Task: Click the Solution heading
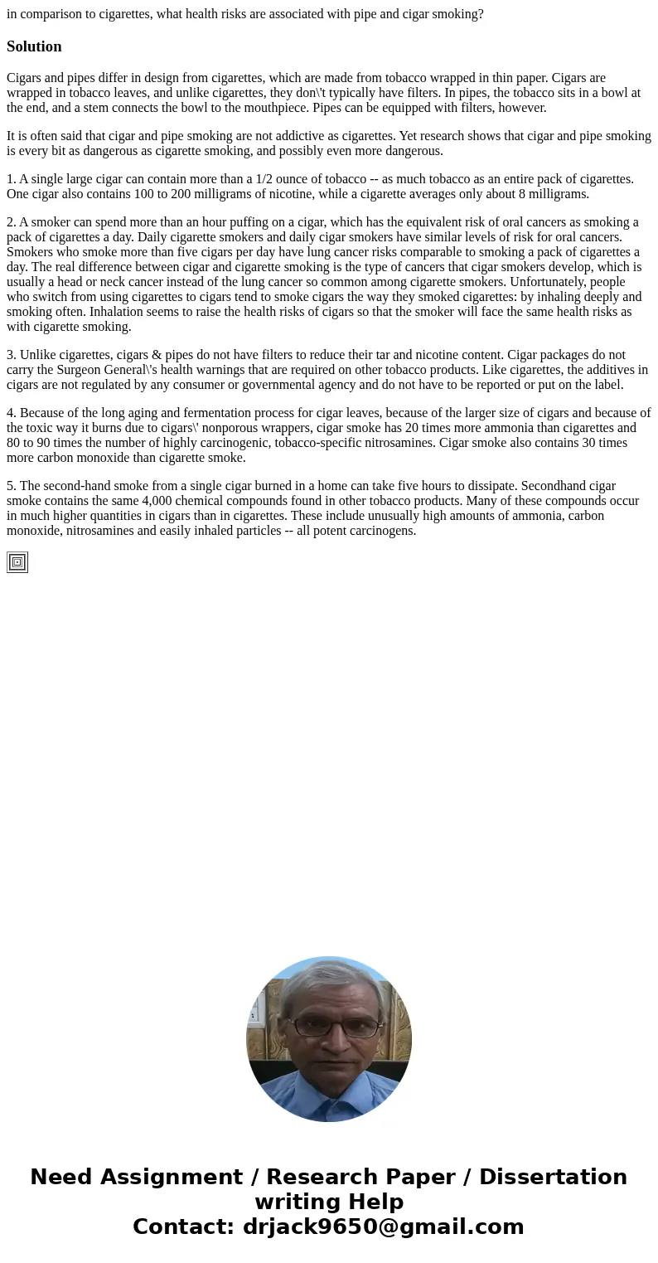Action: point(34,46)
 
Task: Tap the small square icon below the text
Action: point(17,562)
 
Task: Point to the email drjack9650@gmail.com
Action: point(383,1227)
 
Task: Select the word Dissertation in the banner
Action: point(553,1177)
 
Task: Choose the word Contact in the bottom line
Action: point(182,1227)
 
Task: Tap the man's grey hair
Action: point(329,979)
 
